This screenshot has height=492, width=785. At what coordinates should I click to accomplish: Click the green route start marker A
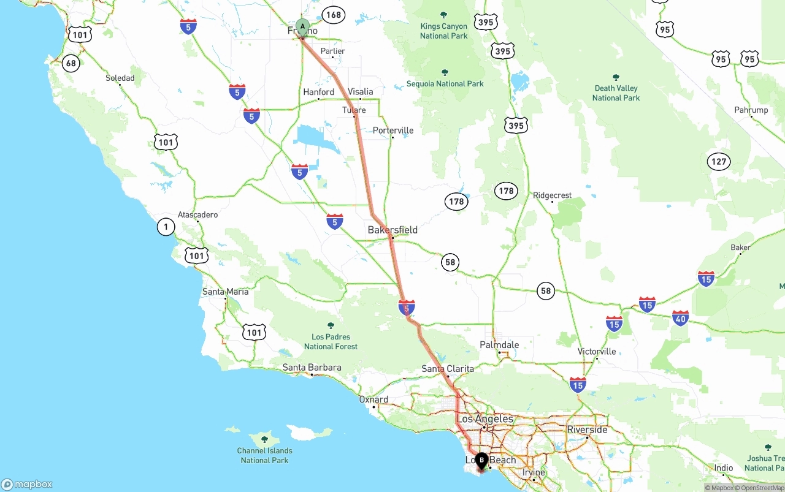pos(302,26)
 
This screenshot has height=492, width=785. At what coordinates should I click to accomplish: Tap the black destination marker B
pos(481,460)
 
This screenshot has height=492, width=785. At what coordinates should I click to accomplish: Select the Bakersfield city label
pos(392,230)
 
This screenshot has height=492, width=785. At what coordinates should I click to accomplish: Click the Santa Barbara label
pos(312,368)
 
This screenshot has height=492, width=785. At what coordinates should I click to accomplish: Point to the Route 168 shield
pos(334,15)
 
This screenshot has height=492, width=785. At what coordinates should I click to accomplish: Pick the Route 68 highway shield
pos(71,63)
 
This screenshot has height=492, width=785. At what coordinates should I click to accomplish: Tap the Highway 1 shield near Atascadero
pos(166,227)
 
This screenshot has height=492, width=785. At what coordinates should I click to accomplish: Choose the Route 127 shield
pos(719,162)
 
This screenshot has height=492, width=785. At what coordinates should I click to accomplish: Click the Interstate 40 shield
pos(680,318)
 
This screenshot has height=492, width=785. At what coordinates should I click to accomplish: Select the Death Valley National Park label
pos(616,93)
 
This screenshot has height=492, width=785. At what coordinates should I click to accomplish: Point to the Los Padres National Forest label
pos(331,341)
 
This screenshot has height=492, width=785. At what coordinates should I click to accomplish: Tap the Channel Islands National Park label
pos(264,455)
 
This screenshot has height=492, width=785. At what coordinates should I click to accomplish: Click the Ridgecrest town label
pos(552,195)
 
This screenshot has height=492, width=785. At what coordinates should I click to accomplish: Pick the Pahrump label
pos(751,110)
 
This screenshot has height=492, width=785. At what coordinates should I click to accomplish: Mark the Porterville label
pos(393,131)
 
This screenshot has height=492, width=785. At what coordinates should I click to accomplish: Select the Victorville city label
pos(597,352)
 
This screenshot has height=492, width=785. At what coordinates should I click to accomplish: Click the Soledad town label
pos(120,78)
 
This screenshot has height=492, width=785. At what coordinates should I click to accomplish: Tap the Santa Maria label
pos(226,292)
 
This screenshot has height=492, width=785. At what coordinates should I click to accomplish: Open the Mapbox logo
pos(27,485)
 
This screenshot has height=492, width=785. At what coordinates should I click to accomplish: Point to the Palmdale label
pos(499,345)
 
